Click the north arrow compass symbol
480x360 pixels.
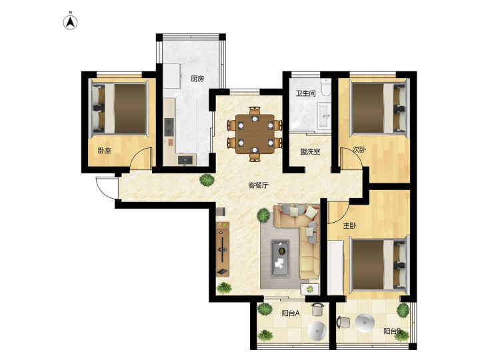click(70, 23)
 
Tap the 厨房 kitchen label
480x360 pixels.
click(197, 79)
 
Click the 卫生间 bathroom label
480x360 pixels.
click(305, 93)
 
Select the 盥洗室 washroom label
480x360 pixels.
click(310, 151)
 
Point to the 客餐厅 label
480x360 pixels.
click(258, 185)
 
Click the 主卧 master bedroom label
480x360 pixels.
click(349, 226)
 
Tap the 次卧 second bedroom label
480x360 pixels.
click(359, 150)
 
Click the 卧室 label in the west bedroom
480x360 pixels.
click(105, 151)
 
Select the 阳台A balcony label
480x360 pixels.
click(291, 313)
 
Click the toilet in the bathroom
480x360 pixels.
click(325, 87)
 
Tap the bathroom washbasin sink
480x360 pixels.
click(324, 116)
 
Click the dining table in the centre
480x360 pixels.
click(255, 134)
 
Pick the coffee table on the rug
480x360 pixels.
click(281, 259)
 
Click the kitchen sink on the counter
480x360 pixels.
click(185, 160)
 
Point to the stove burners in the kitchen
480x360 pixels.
click(169, 127)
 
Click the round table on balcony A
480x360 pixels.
click(317, 331)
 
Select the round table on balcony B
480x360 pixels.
click(365, 323)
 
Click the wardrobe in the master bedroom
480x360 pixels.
click(335, 267)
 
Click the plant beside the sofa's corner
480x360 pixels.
click(263, 215)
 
